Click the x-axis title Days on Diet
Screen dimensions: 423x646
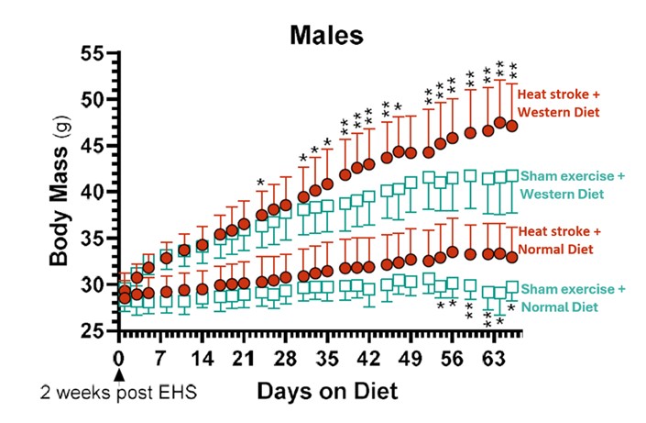pos(327,393)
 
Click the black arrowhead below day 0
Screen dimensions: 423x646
pos(118,373)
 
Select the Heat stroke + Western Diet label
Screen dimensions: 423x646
pos(558,103)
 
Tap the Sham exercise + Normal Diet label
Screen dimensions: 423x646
pos(573,297)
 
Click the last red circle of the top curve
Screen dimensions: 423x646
pos(512,126)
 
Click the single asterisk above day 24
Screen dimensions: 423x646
pos(261,183)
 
